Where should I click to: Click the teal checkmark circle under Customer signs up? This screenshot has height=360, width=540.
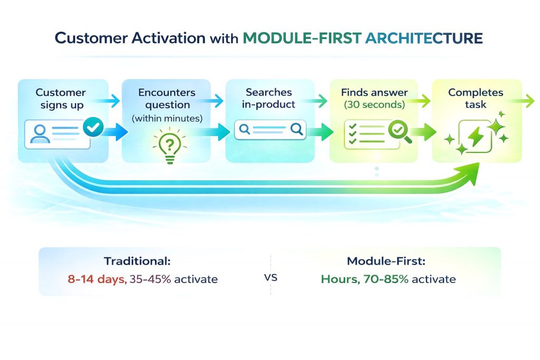coord(94,127)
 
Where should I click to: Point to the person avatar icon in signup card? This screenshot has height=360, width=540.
coord(40,133)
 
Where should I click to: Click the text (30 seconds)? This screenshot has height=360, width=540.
coord(374,105)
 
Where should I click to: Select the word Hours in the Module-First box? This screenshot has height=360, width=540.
coord(339,279)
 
